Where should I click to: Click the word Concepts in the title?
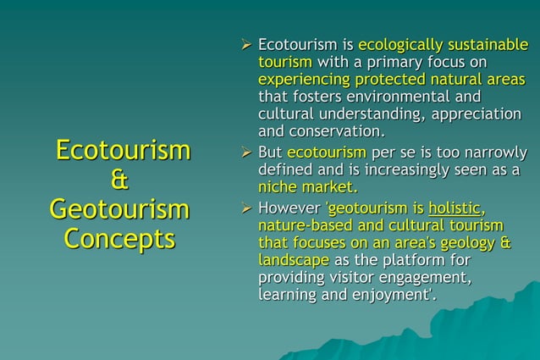coord(118,238)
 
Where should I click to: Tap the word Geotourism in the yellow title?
coord(118,208)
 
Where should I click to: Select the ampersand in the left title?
coord(119,180)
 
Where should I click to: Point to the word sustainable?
coord(486,44)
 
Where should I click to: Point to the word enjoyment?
coord(399,295)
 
